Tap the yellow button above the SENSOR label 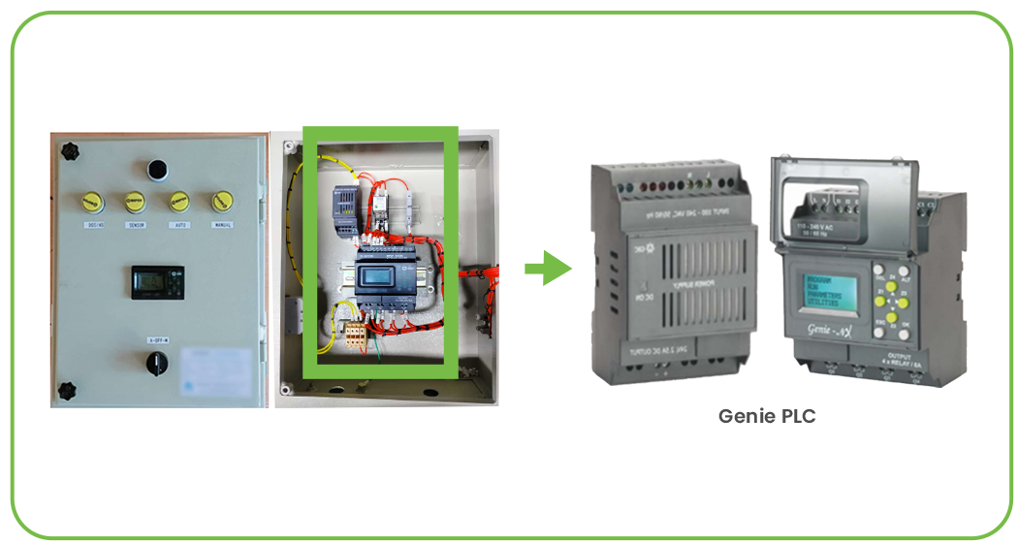[134, 201]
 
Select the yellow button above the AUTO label [178, 201]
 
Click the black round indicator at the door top [156, 170]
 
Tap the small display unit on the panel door [157, 281]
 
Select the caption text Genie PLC [767, 416]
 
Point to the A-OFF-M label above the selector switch [157, 339]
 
